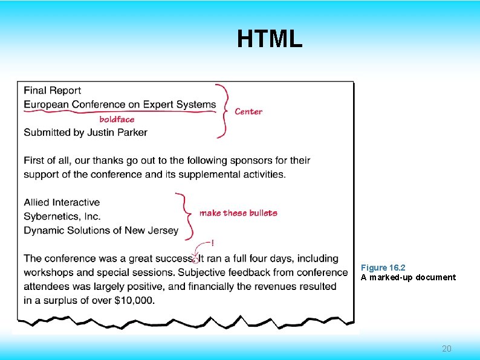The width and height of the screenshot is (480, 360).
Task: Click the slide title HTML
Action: (x=269, y=39)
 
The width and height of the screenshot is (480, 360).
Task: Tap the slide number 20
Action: (x=447, y=349)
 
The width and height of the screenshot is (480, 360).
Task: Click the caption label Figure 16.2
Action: (x=383, y=267)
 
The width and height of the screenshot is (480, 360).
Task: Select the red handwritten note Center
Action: (x=248, y=111)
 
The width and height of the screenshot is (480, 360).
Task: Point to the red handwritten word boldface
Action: (x=117, y=119)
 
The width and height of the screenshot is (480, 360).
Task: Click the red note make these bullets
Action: (x=238, y=213)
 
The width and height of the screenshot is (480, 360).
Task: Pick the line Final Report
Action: (x=53, y=91)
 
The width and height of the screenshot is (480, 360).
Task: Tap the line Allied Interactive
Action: (x=62, y=202)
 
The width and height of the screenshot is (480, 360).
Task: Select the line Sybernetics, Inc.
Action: (x=62, y=216)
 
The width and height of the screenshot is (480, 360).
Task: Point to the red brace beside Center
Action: (x=225, y=111)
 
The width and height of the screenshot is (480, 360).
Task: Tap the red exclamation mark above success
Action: (x=212, y=243)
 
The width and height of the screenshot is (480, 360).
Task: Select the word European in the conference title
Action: (x=47, y=104)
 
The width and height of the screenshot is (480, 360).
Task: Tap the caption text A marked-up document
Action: (x=408, y=277)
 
